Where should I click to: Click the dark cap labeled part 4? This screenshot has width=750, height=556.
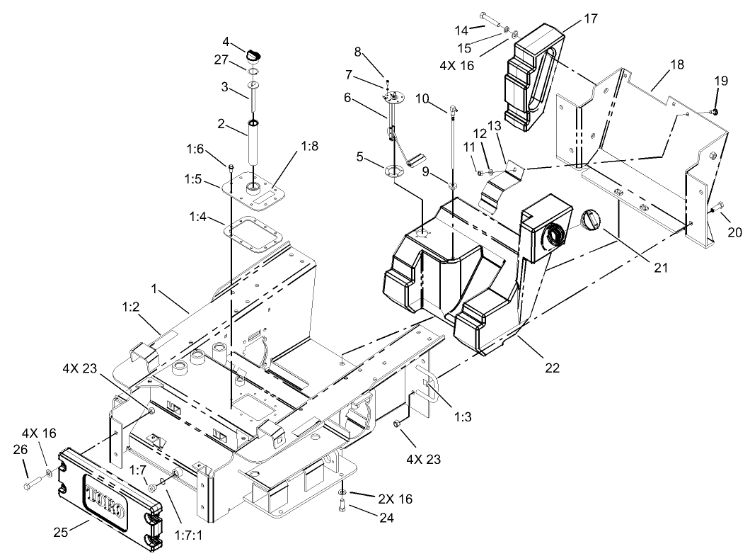click(253, 53)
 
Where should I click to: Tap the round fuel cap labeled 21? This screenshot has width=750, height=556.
click(589, 220)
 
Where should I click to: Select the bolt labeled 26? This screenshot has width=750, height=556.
click(31, 487)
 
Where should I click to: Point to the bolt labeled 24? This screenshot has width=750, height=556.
click(342, 506)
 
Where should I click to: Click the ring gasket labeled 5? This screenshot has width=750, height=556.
click(394, 172)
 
